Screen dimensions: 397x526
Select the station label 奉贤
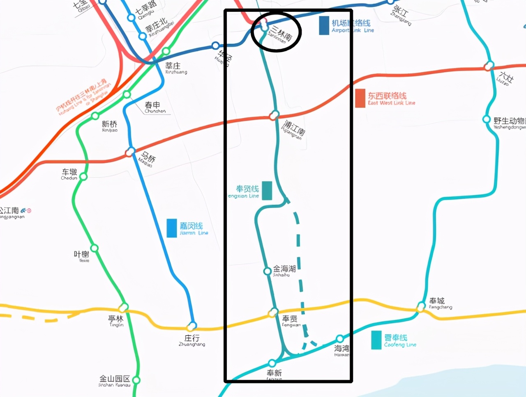(290, 319)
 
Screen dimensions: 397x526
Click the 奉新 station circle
(272, 363)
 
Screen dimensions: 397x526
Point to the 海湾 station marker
(340, 339)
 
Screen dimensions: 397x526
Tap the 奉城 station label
(437, 301)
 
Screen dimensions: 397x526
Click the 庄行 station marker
(191, 326)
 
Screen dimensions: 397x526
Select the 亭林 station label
(115, 319)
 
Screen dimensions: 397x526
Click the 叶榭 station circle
(95, 248)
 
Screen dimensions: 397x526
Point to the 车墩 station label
(69, 172)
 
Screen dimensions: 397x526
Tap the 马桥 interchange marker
(130, 152)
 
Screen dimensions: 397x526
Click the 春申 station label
(152, 105)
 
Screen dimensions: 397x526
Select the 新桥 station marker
(95, 116)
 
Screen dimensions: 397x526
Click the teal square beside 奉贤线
(267, 191)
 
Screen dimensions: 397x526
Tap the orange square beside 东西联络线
(360, 98)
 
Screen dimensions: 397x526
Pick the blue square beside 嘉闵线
(172, 228)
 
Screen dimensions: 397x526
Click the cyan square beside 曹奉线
(376, 340)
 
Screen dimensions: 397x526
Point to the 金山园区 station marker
(136, 380)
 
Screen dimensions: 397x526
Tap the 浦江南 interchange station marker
(274, 115)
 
